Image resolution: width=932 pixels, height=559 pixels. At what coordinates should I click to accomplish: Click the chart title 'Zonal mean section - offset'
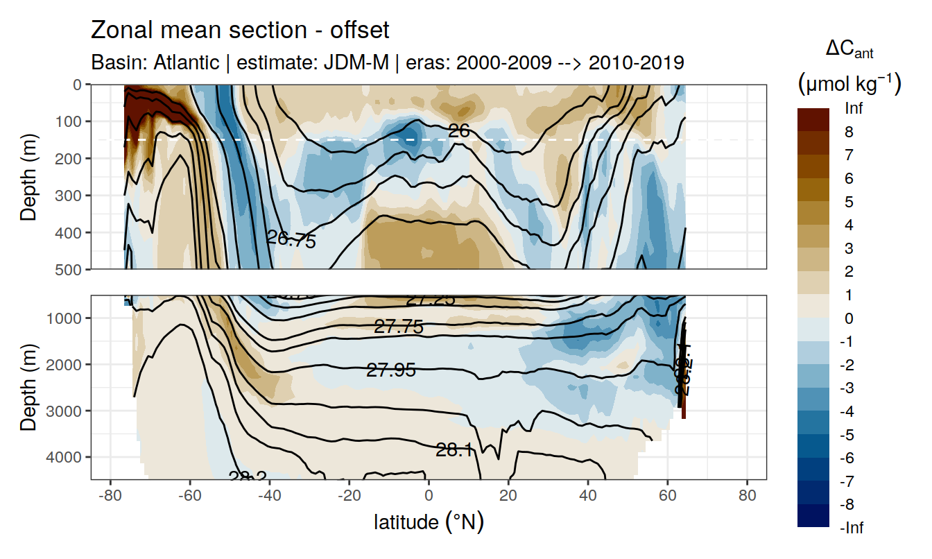[240, 31]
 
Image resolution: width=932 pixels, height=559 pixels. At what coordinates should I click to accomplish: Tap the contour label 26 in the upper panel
[459, 130]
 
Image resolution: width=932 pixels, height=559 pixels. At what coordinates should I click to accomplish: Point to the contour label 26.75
[291, 240]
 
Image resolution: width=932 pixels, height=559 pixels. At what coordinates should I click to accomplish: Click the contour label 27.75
[398, 327]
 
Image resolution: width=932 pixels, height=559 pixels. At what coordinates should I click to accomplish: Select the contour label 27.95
[391, 370]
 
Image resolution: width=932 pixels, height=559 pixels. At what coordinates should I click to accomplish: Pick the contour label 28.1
[454, 451]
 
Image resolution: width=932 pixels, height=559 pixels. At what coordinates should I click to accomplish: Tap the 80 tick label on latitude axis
[747, 498]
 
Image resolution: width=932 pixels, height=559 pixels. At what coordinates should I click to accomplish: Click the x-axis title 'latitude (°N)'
[429, 522]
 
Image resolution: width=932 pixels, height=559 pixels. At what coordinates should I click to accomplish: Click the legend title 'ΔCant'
[849, 50]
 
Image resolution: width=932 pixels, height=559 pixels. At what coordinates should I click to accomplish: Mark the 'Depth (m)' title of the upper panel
[29, 176]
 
